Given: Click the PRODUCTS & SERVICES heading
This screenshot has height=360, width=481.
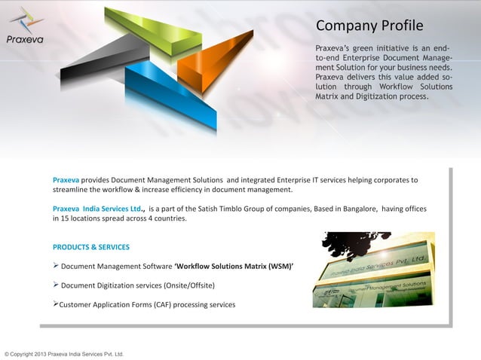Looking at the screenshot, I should coord(91,247).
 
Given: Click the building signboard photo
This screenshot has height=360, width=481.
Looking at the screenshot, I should coord(373,270).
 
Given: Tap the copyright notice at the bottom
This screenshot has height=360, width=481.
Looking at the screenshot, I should coord(64,353).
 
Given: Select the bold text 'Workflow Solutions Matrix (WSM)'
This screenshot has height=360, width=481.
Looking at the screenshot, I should coord(234,266).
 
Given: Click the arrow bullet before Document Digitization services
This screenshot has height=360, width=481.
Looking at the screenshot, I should coord(56,285).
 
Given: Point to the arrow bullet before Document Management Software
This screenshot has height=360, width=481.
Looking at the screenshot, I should coord(56,265).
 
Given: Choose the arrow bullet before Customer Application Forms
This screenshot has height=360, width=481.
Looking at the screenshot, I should coord(56,304).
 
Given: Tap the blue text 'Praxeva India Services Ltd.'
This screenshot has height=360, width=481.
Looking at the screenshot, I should coord(99,209).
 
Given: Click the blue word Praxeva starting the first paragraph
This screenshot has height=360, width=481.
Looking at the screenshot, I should coord(66,180).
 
